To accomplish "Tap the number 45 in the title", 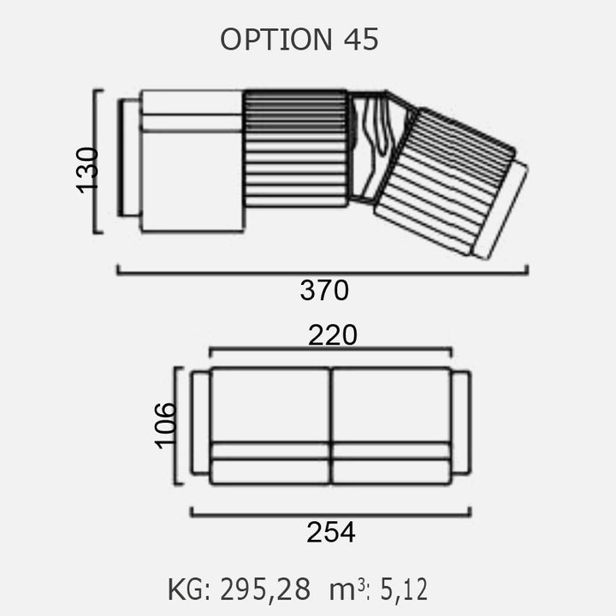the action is coord(361,39).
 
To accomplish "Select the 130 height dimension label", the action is coord(86,170).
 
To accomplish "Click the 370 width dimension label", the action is coord(324,290).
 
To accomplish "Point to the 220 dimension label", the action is coord(332,335).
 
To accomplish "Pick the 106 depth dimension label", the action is coord(165,425).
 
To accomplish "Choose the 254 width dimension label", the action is coord(331,532).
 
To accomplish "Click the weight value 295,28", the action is coord(265,589).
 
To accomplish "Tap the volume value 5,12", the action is coord(404,589).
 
